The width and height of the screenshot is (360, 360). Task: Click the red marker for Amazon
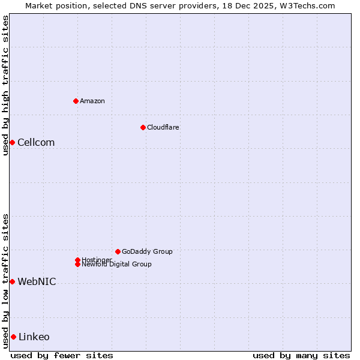76,101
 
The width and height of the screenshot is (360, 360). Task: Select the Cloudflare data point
143,127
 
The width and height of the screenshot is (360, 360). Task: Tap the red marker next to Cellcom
12,142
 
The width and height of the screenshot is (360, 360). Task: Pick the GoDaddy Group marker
118,251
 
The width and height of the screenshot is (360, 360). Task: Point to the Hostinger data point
77,260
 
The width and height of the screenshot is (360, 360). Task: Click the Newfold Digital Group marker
77,264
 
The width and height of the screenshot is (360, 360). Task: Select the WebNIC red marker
12,281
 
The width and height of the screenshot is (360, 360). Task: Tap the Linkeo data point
13,337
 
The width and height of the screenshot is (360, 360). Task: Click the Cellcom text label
36,142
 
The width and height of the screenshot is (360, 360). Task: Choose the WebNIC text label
37,281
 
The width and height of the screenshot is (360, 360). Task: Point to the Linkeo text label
34,337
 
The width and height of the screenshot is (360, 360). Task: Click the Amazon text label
92,101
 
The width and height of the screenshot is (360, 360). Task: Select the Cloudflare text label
163,127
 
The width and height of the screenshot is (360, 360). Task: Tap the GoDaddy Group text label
147,251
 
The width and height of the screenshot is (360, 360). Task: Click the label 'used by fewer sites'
62,355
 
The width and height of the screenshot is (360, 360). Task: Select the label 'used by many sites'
301,355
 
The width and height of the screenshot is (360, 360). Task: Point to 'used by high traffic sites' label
5,85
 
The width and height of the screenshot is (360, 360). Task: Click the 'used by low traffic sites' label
5,281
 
